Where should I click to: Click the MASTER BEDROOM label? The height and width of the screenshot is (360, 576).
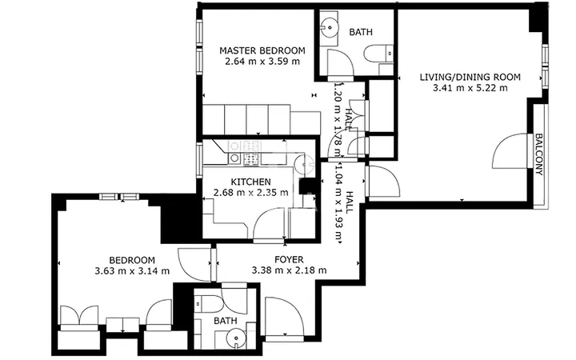pos(262,50)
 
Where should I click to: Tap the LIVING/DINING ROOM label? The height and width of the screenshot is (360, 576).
pos(470,77)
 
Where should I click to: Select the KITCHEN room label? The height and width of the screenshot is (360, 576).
pos(250,182)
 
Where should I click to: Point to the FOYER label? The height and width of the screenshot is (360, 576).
pos(289,260)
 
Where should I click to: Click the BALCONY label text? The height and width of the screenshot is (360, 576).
pos(538,154)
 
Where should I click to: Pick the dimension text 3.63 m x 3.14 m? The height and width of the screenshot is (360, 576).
pos(132,271)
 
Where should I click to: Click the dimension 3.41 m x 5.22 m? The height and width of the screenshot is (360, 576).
pos(470,88)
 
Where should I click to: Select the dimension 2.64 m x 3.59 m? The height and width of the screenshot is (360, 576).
pos(262,62)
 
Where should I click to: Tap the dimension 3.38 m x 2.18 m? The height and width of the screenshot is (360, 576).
pos(289,270)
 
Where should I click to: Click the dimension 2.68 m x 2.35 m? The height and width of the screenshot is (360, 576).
pos(250,192)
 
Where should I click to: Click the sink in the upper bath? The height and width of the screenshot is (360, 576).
pos(329,27)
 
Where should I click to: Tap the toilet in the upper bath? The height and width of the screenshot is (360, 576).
pos(378,54)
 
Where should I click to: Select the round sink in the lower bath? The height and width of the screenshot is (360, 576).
pos(235,338)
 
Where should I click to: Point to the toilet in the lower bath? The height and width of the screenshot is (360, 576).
pos(208,304)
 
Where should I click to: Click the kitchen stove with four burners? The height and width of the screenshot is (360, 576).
pos(251,158)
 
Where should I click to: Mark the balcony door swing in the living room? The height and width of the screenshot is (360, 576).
pos(510,150)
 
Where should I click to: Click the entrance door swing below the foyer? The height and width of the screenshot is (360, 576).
pos(284,316)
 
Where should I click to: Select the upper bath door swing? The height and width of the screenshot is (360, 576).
pos(340,63)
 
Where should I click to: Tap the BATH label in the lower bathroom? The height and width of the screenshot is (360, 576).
pos(225,321)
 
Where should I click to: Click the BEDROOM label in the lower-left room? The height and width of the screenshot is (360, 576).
pos(132,261)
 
